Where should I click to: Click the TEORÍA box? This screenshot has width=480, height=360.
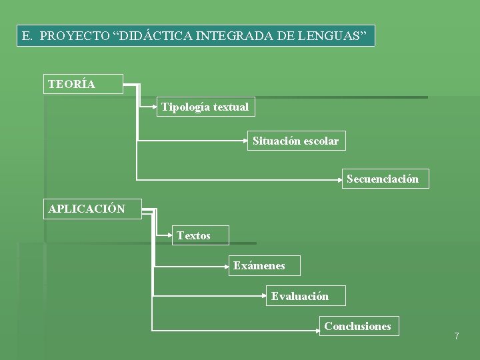83,84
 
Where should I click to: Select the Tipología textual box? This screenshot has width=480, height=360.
205,107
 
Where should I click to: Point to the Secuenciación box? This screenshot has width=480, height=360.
383,179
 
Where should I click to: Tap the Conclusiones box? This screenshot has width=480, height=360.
358,326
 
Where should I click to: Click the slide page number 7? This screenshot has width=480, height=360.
457,336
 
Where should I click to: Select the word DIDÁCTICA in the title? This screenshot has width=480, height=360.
153,36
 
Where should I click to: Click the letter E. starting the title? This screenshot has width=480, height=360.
27,36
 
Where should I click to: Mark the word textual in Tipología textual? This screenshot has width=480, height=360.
231,107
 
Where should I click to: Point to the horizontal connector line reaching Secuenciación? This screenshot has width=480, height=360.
240,179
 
